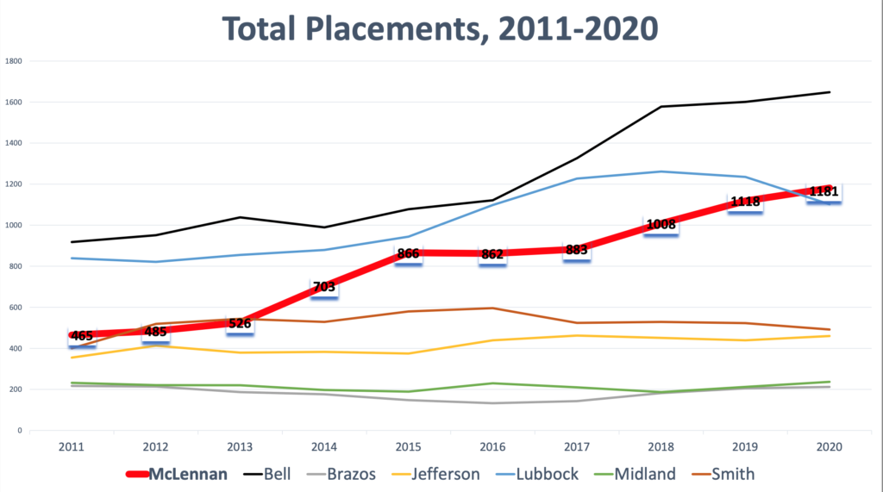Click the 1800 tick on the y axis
[x=14, y=61]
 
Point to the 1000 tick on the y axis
[x=14, y=226]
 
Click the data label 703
[x=324, y=287]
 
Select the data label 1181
[x=824, y=191]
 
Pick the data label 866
[x=409, y=254]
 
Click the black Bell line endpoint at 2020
[x=830, y=92]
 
